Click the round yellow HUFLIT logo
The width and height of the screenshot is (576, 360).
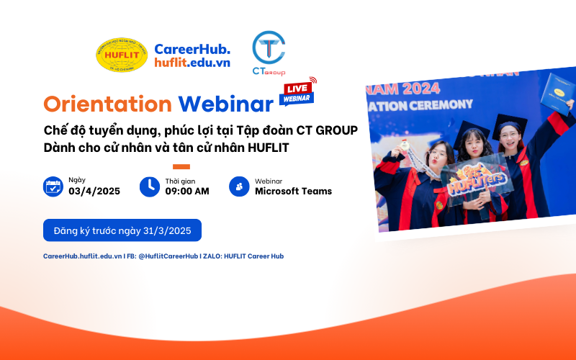click(x=122, y=55)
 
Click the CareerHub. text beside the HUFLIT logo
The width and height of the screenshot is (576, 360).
click(x=192, y=48)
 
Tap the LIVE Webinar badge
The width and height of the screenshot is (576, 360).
click(x=297, y=92)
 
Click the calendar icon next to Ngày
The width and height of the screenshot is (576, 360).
click(x=53, y=186)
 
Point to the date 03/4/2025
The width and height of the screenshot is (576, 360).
click(x=94, y=192)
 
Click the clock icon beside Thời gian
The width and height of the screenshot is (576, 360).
click(x=149, y=186)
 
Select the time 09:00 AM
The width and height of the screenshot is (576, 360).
click(x=187, y=192)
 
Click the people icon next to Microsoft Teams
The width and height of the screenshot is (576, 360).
click(x=238, y=186)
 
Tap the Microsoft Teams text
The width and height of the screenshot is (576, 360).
click(x=293, y=192)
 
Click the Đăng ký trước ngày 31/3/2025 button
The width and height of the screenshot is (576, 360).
click(x=122, y=230)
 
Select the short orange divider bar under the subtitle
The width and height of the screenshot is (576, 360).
click(x=181, y=166)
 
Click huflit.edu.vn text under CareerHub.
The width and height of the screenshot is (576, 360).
click(x=192, y=63)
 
